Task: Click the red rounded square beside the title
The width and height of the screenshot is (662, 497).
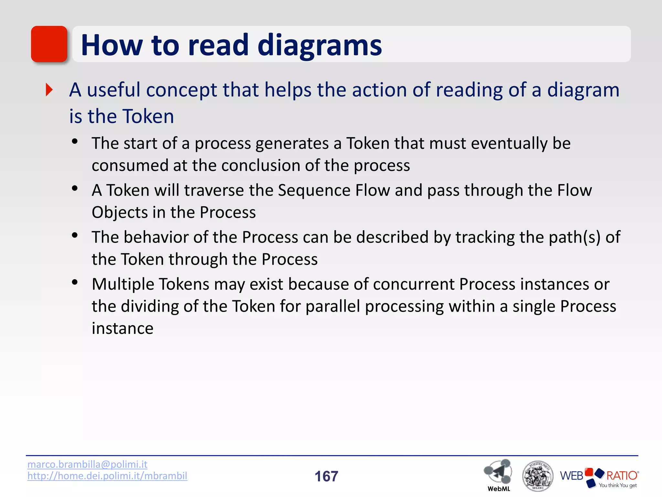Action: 49,44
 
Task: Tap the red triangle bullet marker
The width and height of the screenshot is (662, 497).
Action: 49,90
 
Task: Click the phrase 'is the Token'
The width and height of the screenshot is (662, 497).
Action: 122,116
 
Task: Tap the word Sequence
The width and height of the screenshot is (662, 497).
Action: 314,190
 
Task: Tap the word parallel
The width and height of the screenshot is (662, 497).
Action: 333,306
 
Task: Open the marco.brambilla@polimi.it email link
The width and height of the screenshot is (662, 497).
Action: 87,464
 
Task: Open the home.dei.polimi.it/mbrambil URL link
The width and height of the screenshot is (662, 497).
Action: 107,476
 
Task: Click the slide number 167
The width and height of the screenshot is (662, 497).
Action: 326,476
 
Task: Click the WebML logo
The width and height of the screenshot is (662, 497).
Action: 498,474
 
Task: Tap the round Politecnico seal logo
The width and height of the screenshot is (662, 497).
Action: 537,476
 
